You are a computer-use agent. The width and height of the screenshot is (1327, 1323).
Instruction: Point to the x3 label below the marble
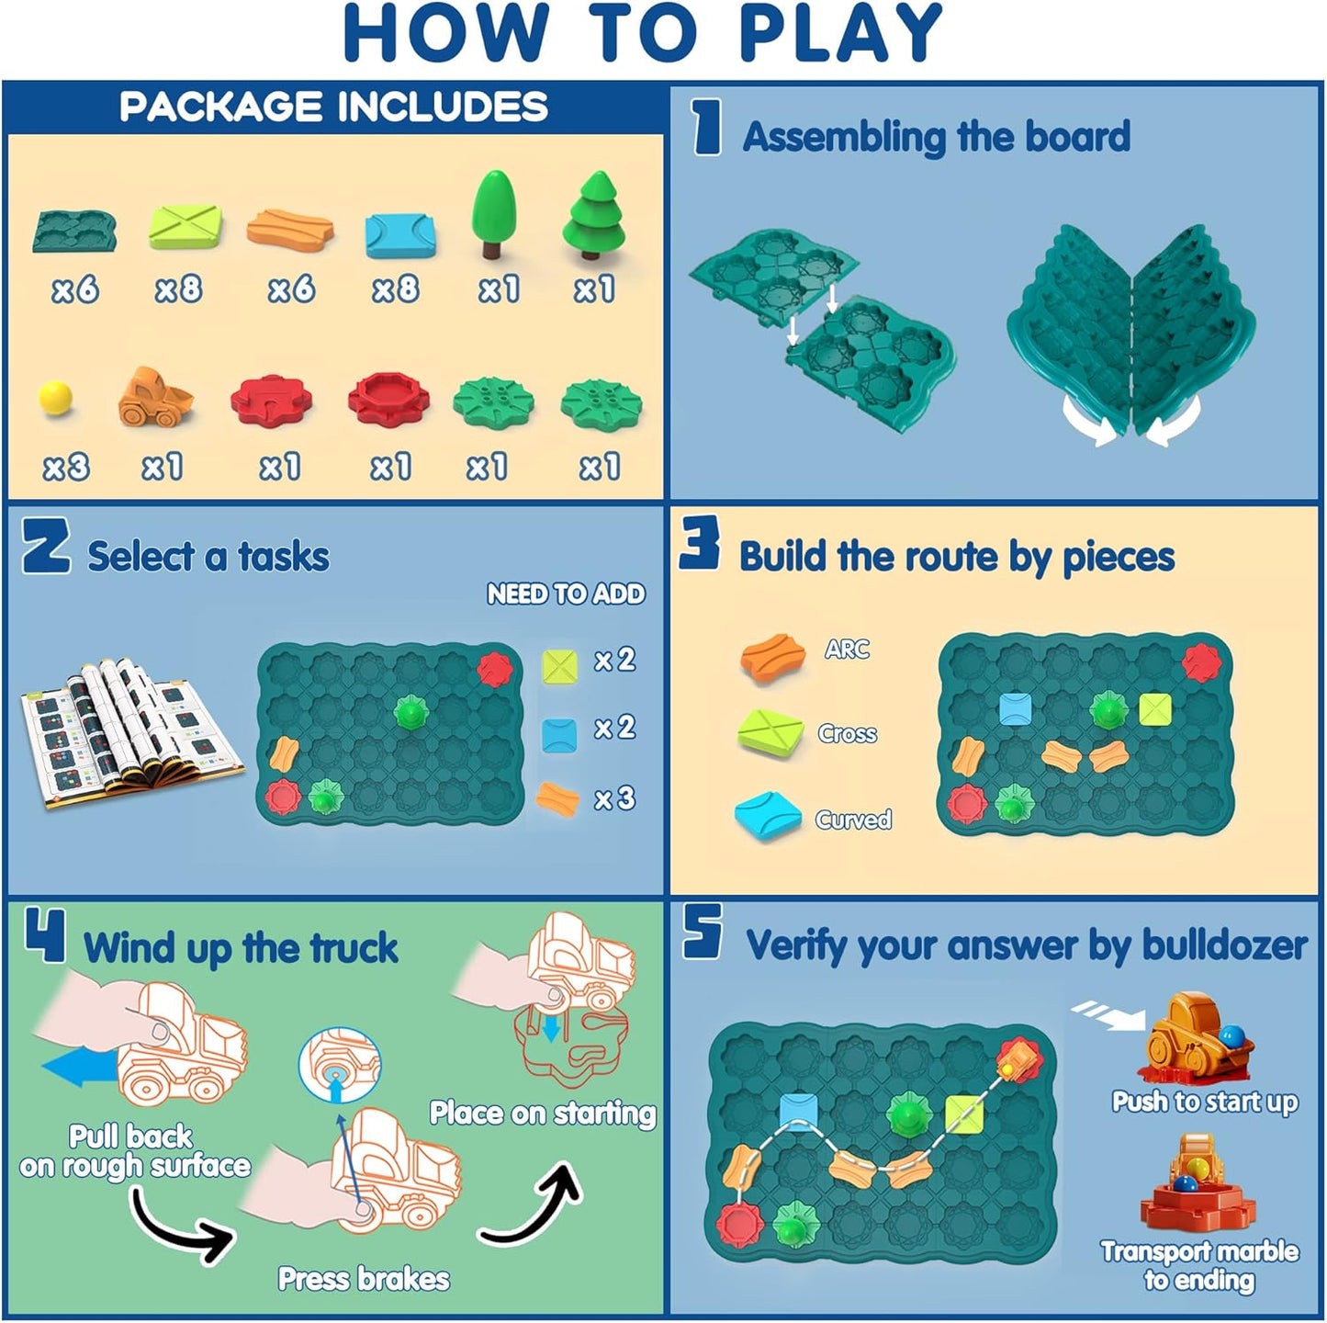pyautogui.click(x=66, y=467)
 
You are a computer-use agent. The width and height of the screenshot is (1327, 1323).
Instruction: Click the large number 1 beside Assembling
pyautogui.click(x=707, y=128)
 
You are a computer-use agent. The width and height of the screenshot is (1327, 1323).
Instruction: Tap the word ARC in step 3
pyautogui.click(x=846, y=649)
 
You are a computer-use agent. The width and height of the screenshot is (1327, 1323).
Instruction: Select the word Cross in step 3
pyautogui.click(x=847, y=733)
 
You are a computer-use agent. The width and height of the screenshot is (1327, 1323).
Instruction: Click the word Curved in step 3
pyautogui.click(x=853, y=819)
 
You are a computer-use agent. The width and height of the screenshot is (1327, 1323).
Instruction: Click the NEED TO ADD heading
pyautogui.click(x=566, y=594)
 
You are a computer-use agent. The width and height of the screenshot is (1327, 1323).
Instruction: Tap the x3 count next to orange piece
pyautogui.click(x=614, y=797)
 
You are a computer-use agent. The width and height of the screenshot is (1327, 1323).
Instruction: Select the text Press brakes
pyautogui.click(x=364, y=1278)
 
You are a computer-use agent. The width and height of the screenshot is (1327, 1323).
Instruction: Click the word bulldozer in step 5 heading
pyautogui.click(x=1224, y=945)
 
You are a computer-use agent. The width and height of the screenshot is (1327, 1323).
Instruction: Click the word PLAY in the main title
pyautogui.click(x=839, y=33)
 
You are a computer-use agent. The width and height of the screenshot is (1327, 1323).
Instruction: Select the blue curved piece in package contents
pyautogui.click(x=401, y=234)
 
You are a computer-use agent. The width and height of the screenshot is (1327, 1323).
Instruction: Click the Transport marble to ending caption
pyautogui.click(x=1199, y=1265)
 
